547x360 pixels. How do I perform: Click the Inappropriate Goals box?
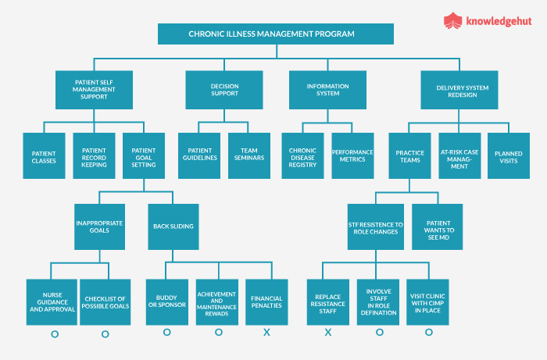pos(99,226)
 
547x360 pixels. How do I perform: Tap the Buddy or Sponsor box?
pos(166,303)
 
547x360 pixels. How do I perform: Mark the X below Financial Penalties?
pos(267,333)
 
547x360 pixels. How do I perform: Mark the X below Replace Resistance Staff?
pos(328,333)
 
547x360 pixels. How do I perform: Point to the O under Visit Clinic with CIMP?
pos(428,333)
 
